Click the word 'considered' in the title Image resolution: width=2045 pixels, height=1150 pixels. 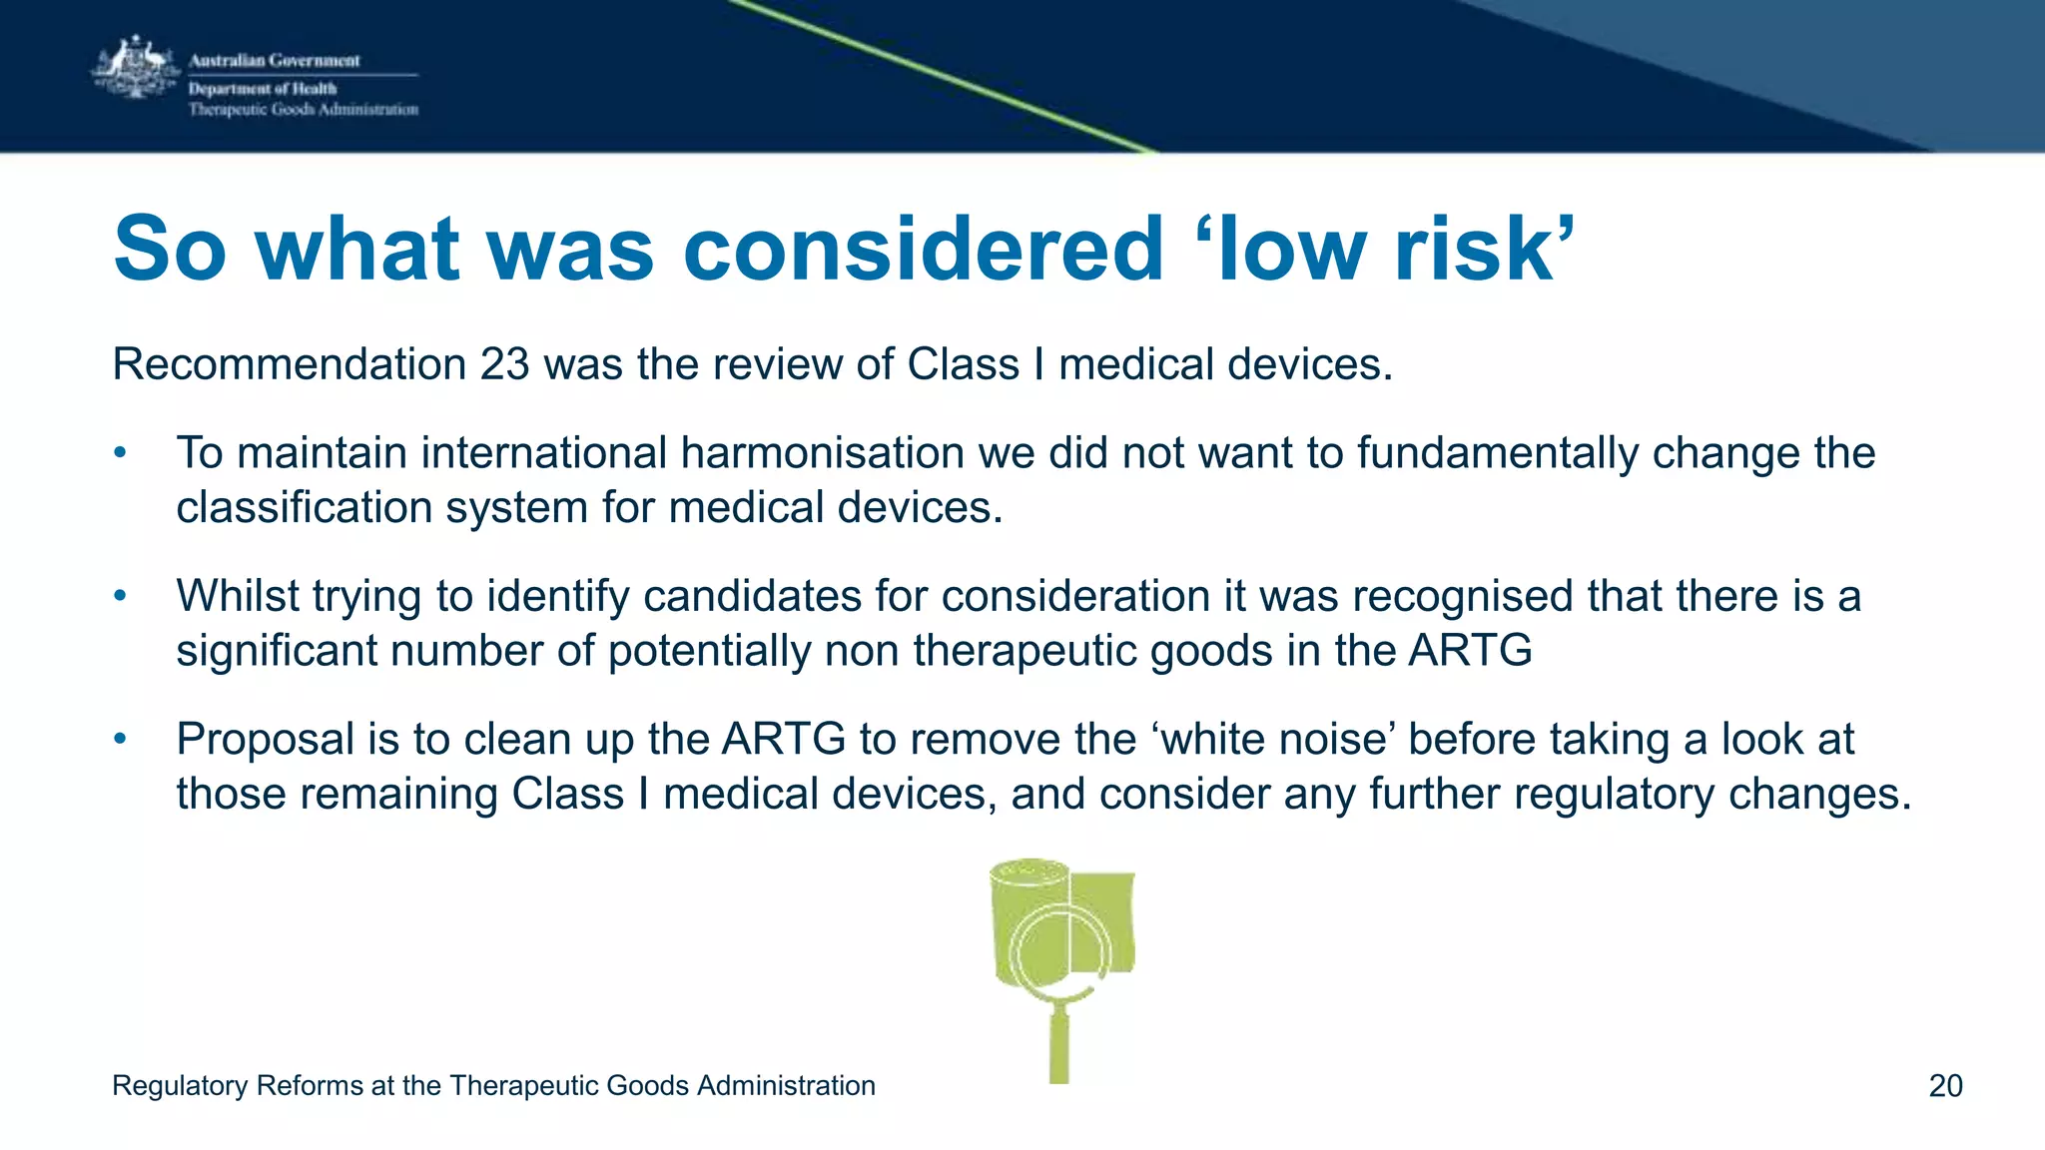(924, 249)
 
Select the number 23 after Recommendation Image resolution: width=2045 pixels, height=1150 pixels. (504, 364)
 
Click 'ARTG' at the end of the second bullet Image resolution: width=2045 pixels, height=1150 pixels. (1470, 651)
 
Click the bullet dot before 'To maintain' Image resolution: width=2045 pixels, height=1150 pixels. (120, 453)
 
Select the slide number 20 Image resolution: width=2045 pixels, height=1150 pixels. (1945, 1086)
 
